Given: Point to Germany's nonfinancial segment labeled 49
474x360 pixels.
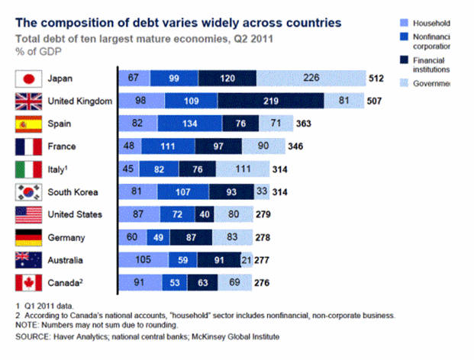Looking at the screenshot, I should click(159, 238).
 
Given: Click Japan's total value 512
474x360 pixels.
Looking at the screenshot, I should click(376, 79).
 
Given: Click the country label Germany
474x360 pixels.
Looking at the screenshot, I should click(68, 238).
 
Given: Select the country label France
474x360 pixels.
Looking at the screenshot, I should click(64, 147).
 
